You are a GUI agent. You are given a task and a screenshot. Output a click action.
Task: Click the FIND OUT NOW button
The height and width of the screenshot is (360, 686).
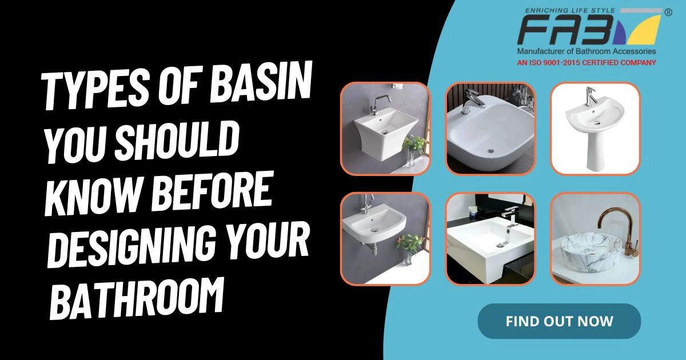tap(559, 321)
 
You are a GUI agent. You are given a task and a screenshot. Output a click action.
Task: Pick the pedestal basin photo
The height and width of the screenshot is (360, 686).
tap(595, 128)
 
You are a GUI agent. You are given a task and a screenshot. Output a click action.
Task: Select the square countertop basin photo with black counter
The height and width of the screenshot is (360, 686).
tap(490, 238)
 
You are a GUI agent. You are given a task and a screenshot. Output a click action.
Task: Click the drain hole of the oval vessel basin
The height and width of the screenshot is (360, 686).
tap(490, 151)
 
